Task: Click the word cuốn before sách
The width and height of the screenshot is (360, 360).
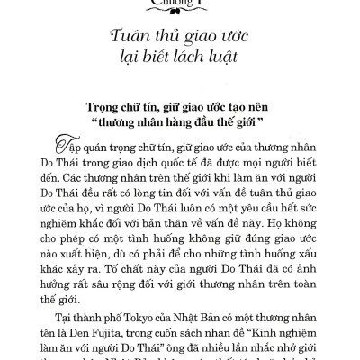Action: (x=177, y=328)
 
